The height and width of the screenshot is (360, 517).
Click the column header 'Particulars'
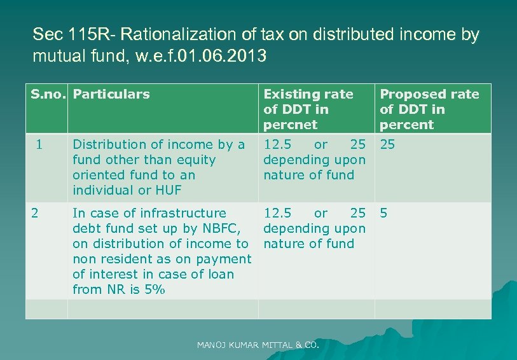coord(111,94)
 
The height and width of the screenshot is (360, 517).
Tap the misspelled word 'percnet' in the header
coord(290,125)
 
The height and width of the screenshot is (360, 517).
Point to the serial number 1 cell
coord(39,144)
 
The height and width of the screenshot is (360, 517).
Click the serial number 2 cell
coord(36,212)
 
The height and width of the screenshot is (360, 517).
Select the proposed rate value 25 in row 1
coord(387,144)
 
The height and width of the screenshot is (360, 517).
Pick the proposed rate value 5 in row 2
coord(383,212)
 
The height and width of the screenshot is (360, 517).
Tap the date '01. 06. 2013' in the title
coord(223,56)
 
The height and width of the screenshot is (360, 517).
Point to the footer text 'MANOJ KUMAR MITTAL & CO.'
coord(258,345)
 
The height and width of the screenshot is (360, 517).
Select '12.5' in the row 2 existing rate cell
coord(278,213)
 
